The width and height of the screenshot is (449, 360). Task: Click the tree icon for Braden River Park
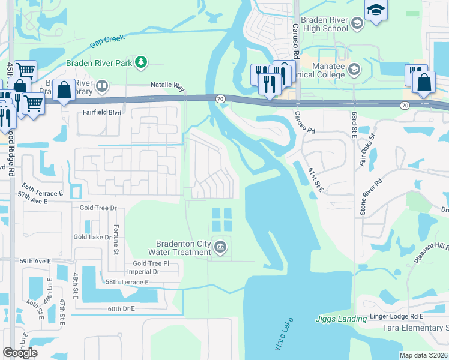point(140,61)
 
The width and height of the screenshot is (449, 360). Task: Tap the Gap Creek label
point(107,41)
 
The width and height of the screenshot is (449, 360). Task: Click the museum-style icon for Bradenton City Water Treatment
point(220,247)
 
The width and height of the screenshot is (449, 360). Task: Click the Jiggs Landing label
point(340,319)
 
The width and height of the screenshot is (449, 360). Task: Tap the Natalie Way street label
point(167,87)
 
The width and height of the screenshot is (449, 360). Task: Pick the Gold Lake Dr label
point(92,237)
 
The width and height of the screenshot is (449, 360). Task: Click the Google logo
point(20,352)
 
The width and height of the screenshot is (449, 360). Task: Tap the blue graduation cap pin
point(376,10)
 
